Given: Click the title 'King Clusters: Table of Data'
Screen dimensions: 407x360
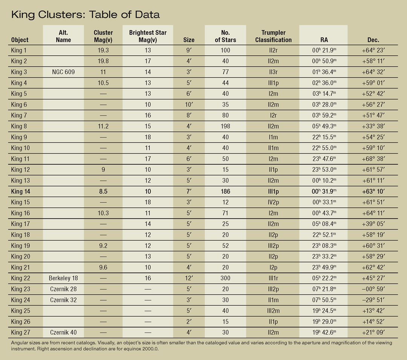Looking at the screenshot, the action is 86,15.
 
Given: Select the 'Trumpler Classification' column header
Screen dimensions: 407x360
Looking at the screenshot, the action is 273,36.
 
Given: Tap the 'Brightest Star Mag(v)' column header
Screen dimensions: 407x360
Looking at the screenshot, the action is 148,36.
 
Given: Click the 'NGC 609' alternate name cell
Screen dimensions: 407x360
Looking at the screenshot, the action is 63,72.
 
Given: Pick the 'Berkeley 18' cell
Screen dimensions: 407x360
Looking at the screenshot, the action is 63,278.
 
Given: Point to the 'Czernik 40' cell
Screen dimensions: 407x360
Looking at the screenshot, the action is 63,332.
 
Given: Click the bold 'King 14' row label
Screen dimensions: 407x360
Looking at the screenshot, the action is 20,191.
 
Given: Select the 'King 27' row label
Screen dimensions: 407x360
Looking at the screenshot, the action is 20,332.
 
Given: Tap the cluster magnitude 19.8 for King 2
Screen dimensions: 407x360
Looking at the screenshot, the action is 103,61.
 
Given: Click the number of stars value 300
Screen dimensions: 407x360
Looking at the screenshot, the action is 225,278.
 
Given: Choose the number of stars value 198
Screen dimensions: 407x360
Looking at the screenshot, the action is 225,126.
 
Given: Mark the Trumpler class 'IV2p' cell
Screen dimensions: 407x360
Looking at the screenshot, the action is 273,202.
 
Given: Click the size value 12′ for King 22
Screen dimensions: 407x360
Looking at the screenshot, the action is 189,278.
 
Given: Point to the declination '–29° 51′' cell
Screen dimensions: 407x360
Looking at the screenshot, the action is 373,300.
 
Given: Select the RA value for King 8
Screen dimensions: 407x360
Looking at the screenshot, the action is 324,126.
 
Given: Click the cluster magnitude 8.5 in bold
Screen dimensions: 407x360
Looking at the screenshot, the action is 103,191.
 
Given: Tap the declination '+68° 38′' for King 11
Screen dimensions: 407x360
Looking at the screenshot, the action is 373,159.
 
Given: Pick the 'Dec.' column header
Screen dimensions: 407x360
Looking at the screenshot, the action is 373,40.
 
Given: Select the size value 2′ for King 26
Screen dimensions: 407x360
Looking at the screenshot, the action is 189,321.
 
